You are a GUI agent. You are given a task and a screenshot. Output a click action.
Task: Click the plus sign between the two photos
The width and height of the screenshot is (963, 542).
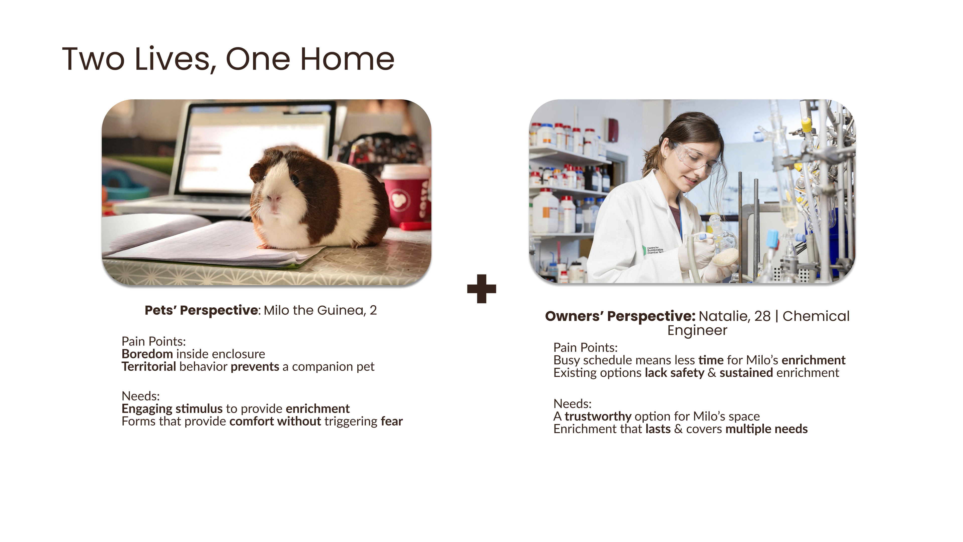click(x=481, y=289)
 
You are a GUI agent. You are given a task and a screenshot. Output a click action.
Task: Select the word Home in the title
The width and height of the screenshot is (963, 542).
click(x=347, y=59)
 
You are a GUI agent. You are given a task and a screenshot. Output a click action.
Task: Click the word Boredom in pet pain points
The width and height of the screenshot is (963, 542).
click(x=147, y=354)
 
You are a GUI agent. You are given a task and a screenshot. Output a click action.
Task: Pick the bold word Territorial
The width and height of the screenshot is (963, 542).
click(x=149, y=367)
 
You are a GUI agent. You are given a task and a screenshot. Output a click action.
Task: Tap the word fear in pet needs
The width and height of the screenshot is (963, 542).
click(x=392, y=421)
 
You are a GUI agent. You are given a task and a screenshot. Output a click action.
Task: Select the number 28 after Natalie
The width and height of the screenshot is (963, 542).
click(x=762, y=316)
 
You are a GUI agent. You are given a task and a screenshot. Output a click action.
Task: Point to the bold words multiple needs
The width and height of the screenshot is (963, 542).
click(x=766, y=429)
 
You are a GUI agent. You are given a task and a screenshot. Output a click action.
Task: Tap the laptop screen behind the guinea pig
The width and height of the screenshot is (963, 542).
click(x=258, y=150)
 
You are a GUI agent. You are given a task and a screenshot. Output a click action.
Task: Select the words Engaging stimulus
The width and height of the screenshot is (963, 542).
click(x=172, y=409)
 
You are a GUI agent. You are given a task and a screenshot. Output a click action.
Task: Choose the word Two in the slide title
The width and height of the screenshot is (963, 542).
click(x=93, y=59)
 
